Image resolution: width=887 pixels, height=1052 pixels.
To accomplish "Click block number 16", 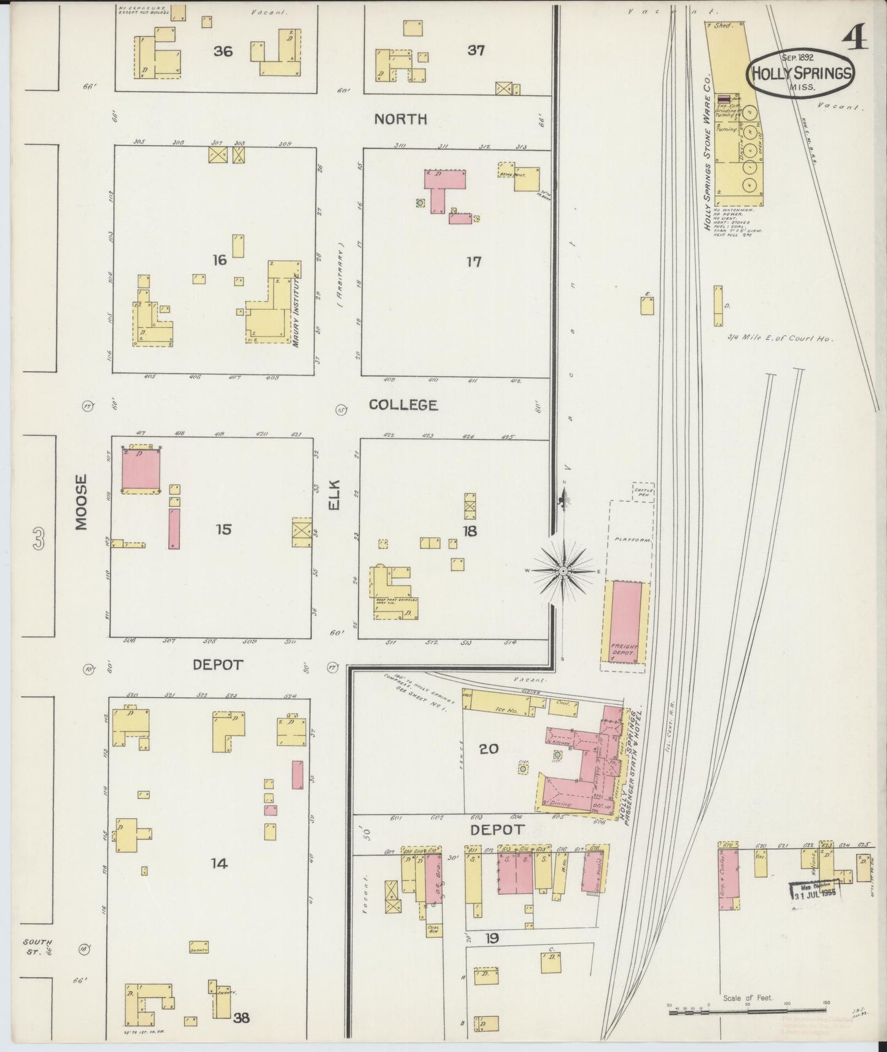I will [220, 260].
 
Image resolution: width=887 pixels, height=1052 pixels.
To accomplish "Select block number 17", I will [473, 262].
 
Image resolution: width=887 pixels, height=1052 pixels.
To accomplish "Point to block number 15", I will [223, 529].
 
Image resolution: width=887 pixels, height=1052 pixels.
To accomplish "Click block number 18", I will [470, 531].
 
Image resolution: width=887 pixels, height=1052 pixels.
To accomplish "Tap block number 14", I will [219, 864].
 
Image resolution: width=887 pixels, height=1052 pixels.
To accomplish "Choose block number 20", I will [489, 749].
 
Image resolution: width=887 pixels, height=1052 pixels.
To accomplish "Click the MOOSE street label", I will [82, 501].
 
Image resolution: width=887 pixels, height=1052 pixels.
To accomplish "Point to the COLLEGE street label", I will [403, 405].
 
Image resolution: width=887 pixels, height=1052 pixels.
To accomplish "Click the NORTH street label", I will [401, 119].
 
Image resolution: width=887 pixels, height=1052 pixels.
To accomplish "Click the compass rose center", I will [563, 571].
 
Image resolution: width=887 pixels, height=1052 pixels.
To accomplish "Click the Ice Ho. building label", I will [502, 709].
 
